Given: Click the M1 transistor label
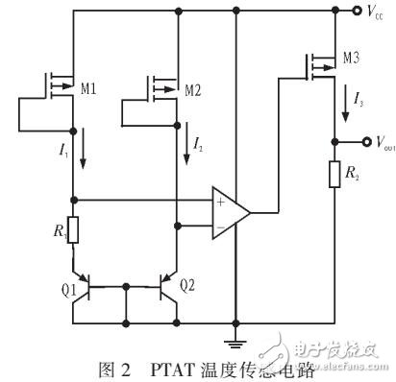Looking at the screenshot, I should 88,89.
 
